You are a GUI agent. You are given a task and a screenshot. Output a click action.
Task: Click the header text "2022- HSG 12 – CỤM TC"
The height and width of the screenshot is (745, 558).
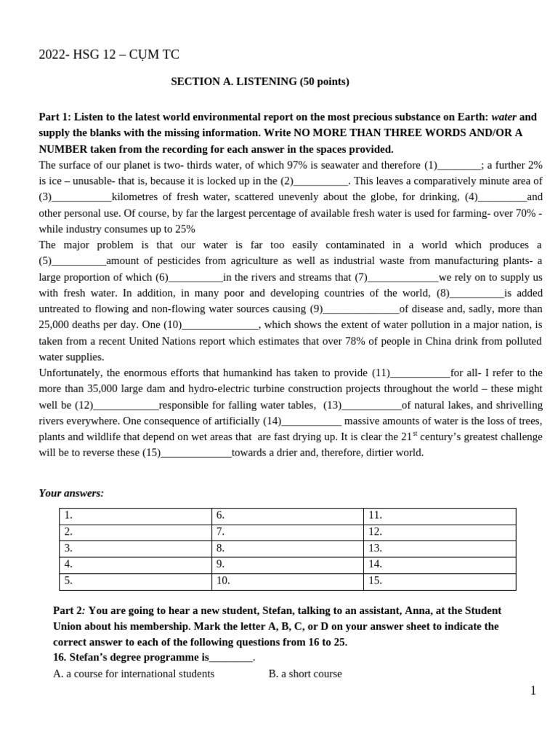109,55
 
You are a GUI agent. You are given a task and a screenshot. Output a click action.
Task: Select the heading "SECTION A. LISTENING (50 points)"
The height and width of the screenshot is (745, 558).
259,81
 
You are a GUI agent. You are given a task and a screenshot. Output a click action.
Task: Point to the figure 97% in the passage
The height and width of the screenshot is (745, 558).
298,165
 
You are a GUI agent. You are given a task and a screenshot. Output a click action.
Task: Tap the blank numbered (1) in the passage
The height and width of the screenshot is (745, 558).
459,165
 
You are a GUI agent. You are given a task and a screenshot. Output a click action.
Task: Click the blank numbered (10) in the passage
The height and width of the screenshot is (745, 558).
221,325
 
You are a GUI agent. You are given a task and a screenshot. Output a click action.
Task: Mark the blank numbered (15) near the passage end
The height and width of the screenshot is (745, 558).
195,453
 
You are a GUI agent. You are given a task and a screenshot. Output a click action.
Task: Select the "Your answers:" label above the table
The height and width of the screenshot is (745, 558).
71,493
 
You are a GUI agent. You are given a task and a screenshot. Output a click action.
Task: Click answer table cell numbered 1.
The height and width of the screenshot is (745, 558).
135,516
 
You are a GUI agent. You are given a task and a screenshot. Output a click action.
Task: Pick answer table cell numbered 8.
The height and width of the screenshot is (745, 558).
287,549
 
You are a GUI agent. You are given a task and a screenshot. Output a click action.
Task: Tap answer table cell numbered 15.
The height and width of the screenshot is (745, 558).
440,581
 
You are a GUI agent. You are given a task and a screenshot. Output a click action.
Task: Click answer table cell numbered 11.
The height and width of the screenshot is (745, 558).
440,516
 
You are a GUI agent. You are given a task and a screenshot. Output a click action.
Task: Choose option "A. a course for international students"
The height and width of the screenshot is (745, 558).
134,674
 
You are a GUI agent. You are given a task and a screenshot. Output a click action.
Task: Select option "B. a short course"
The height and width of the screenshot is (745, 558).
304,674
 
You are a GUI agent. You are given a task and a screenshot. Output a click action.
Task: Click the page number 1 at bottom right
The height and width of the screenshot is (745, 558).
533,691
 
